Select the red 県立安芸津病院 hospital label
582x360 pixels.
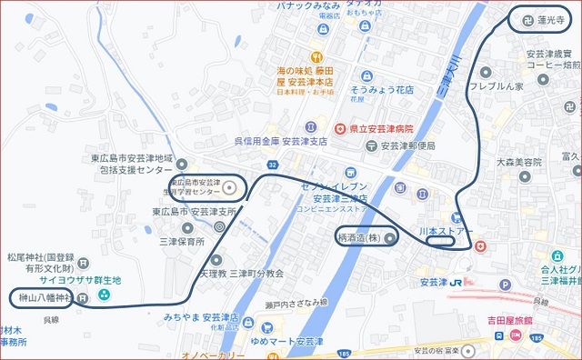click(x=379, y=130)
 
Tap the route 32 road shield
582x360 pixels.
click(x=272, y=165)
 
